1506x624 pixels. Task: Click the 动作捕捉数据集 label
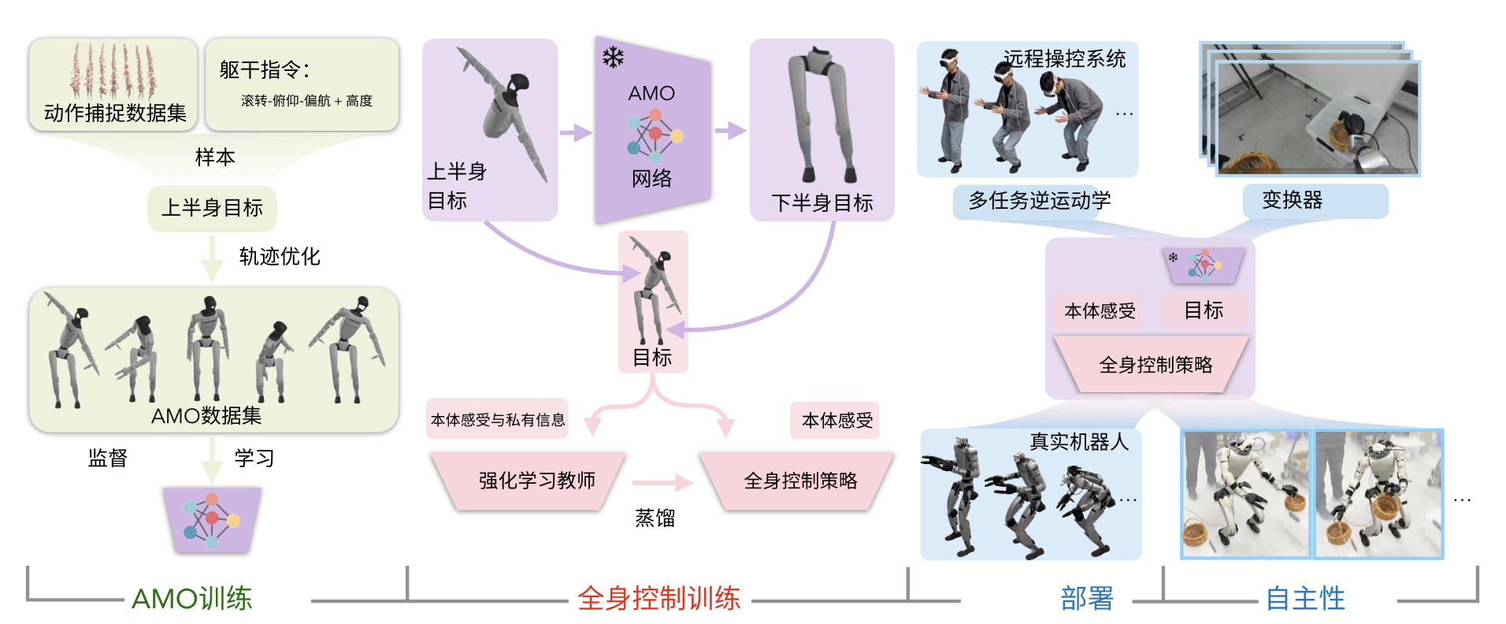point(115,113)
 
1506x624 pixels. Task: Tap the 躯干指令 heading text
point(264,69)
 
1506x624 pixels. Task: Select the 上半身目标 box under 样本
point(212,208)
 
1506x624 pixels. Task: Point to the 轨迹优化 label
point(280,256)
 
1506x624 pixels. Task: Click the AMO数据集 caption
point(206,415)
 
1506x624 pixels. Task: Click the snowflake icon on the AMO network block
point(613,58)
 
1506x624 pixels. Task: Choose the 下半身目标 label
point(822,202)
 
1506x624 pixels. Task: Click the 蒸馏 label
point(655,518)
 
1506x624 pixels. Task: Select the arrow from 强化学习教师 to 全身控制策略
point(662,483)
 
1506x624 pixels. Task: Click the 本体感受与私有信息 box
point(498,420)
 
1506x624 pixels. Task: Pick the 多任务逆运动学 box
point(1039,201)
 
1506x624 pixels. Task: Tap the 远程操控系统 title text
point(1064,58)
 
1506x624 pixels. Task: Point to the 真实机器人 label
point(1079,441)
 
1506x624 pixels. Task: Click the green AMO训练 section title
point(191,599)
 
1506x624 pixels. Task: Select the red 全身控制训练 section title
point(658,599)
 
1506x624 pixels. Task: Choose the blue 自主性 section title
point(1305,599)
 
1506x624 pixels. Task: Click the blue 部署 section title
point(1087,599)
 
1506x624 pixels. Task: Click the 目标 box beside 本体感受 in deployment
point(1204,310)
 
